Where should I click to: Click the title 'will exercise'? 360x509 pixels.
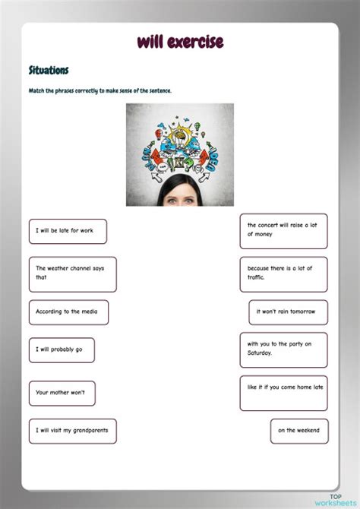pyautogui.click(x=180, y=42)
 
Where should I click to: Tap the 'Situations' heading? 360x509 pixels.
pyautogui.click(x=49, y=71)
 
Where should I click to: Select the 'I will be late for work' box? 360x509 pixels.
pyautogui.click(x=68, y=231)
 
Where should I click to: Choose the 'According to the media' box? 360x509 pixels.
pyautogui.click(x=68, y=312)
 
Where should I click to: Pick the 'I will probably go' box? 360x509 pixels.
pyautogui.click(x=62, y=350)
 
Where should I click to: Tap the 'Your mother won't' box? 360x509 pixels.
pyautogui.click(x=62, y=393)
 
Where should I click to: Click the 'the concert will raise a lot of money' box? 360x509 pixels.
pyautogui.click(x=283, y=230)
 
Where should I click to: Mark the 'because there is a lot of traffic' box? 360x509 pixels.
pyautogui.click(x=283, y=273)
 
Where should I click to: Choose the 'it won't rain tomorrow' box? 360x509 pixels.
pyautogui.click(x=288, y=312)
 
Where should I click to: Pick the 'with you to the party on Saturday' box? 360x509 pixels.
pyautogui.click(x=283, y=349)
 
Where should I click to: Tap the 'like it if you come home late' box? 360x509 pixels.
pyautogui.click(x=283, y=393)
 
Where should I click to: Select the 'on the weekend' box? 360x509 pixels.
pyautogui.click(x=299, y=431)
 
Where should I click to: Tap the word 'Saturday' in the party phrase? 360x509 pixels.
pyautogui.click(x=260, y=354)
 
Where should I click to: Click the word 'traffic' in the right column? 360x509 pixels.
pyautogui.click(x=256, y=278)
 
